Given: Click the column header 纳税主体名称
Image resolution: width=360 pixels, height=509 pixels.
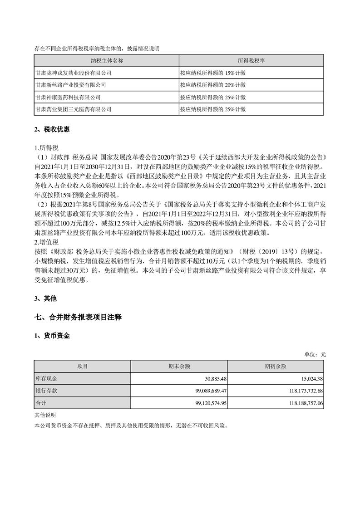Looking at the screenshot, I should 107,60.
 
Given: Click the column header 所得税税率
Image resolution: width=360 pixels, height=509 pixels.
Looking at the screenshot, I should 251,60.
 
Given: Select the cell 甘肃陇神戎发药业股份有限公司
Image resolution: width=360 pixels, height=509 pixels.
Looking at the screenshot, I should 73,72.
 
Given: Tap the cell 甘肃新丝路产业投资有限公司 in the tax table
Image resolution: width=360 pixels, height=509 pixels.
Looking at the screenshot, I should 70,84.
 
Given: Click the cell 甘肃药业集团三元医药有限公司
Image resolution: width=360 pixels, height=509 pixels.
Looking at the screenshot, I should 73,109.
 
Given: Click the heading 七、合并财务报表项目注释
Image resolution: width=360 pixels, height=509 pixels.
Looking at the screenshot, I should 78,317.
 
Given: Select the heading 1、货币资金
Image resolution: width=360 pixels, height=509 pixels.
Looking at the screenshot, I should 52,336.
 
